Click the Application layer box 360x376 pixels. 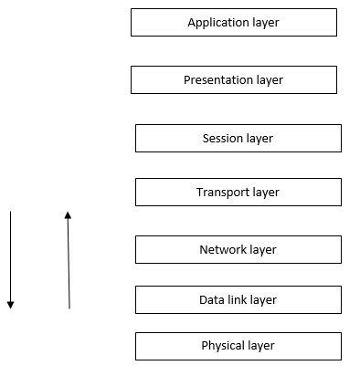point(233,23)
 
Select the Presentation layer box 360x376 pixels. point(233,79)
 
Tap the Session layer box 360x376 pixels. point(238,139)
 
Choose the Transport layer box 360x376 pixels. point(238,193)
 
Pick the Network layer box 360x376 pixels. point(238,250)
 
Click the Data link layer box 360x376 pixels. point(238,299)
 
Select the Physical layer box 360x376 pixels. point(238,346)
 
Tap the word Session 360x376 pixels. point(223,139)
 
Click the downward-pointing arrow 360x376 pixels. point(10,260)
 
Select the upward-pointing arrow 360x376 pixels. point(69,260)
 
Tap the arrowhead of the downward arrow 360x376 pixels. point(10,305)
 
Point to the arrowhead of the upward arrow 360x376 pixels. point(68,215)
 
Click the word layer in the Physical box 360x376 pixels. point(260,346)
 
